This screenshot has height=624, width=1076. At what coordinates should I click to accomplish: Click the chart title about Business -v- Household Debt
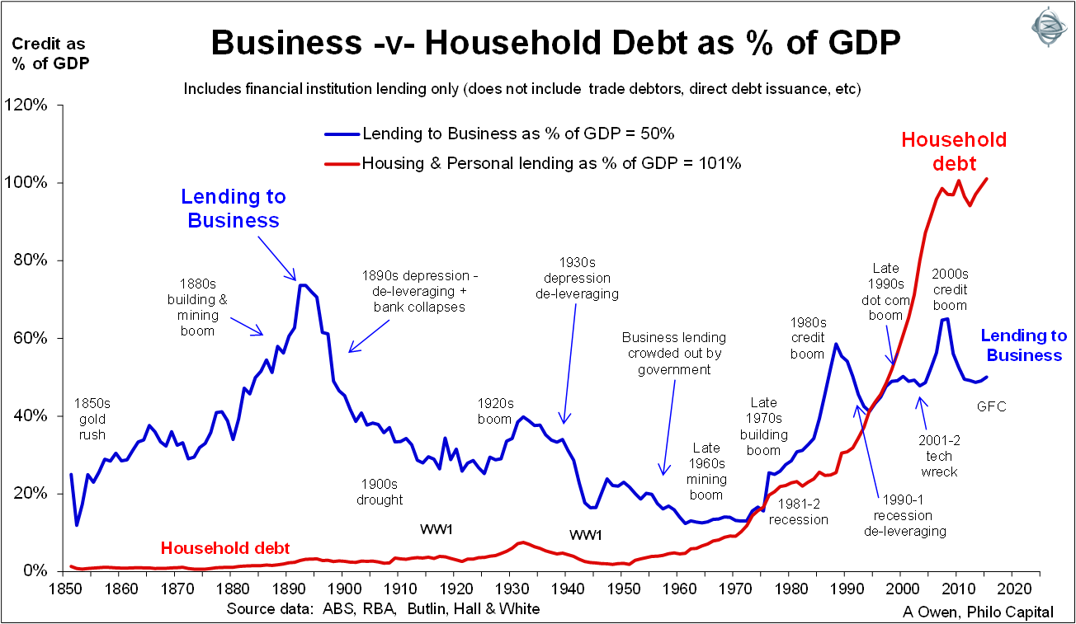(x=554, y=43)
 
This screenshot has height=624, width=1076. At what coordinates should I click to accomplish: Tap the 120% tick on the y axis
(x=31, y=106)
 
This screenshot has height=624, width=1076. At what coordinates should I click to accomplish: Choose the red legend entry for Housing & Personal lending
(x=551, y=163)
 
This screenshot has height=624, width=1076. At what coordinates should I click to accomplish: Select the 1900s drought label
(x=380, y=491)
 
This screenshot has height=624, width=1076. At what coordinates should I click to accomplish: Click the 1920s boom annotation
(x=495, y=411)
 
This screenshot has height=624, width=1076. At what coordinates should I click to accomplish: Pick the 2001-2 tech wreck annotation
(x=938, y=456)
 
